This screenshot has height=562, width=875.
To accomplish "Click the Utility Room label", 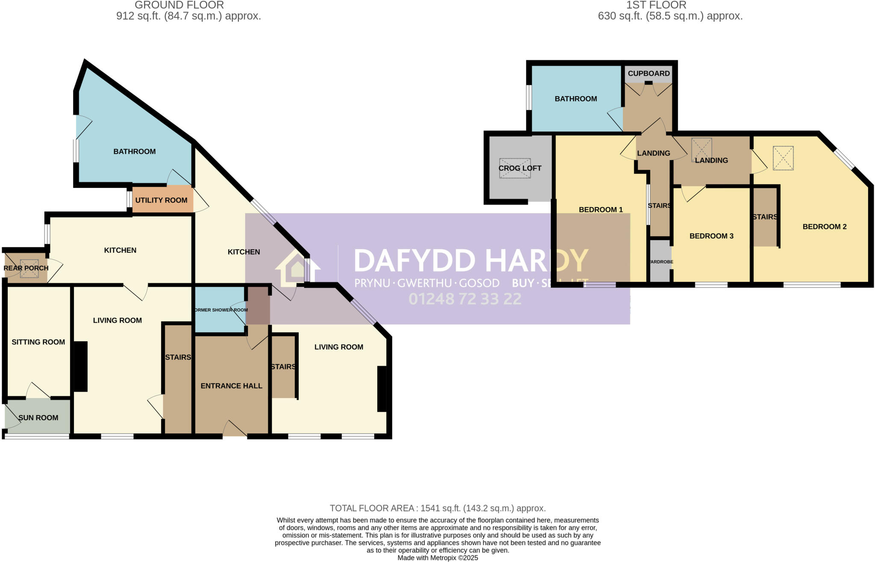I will pos(161,200).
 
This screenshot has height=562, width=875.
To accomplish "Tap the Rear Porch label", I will pos(26,268).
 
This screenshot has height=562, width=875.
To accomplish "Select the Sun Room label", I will pos(38,418).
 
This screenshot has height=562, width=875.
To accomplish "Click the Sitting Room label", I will pos(38,342).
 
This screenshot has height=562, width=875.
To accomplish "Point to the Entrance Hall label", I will pos(231,386).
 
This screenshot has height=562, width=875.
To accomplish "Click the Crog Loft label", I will pos(520,168).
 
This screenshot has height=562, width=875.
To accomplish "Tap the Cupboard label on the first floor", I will pos(649,73).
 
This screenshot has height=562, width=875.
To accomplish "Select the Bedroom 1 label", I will pos(601,210).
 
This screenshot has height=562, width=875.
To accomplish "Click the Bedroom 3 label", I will pos(711,236).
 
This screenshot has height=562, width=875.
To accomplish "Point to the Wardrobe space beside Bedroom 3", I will pos(661,261).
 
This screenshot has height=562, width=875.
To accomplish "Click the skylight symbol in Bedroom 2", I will pos(783,158).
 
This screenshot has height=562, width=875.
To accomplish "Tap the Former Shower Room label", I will pos(221,310).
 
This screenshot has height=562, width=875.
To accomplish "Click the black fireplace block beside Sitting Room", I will pos(81,366).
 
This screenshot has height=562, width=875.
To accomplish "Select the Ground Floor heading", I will pos(179,6).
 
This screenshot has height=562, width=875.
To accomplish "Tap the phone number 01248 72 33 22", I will pos(465,299).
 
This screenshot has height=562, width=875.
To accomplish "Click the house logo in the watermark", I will pos(297,268).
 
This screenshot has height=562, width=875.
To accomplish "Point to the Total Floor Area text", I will pos(437,508).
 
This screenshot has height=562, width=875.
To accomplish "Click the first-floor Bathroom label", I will pos(576,99).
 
